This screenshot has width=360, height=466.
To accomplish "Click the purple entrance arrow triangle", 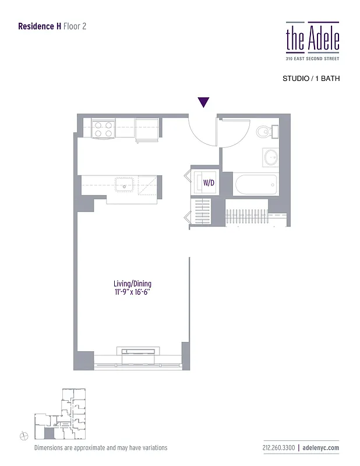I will tap(203, 103).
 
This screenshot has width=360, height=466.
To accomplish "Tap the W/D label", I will tap(209, 182).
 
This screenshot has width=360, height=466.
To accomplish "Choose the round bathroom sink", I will tap(271, 157).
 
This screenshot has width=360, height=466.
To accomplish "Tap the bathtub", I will tap(256, 185).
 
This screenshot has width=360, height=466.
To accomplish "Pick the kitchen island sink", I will tap(125, 185).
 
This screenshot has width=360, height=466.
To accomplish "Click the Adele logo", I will tap(312, 37).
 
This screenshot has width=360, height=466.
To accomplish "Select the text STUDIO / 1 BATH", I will tap(310, 78).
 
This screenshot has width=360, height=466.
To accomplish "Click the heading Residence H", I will tap(39, 26).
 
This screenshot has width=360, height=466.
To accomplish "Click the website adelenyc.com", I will tap(321, 448).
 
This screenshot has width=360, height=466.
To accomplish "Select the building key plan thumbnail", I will tap(59, 414).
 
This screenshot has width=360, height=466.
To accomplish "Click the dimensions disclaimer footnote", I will tap(101, 448).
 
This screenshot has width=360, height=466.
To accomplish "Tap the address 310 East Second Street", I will tap(312, 59).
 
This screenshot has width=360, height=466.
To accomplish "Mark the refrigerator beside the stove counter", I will tap(147, 129).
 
